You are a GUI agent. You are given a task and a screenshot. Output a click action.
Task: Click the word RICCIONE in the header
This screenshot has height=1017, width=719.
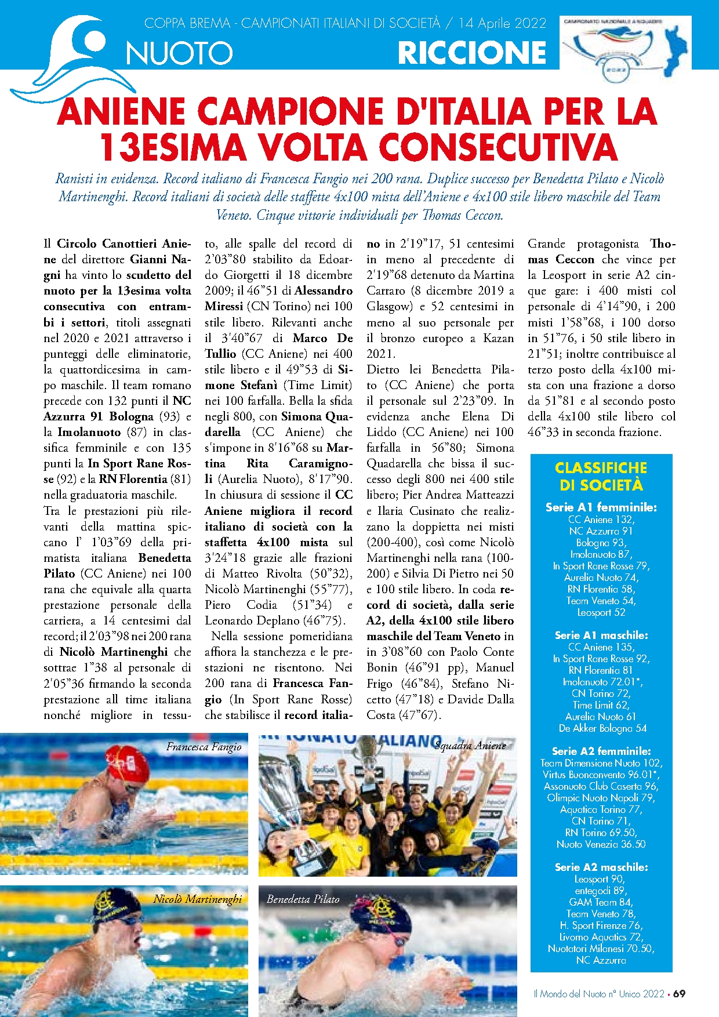[x=472, y=53]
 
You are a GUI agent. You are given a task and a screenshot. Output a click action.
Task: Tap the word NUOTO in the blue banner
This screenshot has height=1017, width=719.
[x=179, y=54]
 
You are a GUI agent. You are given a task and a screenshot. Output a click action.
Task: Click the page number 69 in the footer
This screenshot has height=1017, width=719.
[x=679, y=993]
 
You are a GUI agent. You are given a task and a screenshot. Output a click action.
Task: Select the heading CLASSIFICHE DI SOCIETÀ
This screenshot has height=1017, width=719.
[x=601, y=476]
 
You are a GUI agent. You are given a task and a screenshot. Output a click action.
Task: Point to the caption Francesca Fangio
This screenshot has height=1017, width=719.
[x=204, y=747]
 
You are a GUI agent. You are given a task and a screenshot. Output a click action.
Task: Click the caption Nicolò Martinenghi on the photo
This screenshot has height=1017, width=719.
[x=197, y=899]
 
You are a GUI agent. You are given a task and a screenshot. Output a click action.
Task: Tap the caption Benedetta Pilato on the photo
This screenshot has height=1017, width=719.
[x=303, y=899]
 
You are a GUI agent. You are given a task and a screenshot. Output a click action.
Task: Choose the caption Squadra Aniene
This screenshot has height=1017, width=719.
[x=470, y=746]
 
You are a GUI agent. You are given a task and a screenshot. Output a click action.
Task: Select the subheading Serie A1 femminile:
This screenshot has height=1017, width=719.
[x=601, y=507]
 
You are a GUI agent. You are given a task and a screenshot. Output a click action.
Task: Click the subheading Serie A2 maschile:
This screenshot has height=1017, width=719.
[x=601, y=867]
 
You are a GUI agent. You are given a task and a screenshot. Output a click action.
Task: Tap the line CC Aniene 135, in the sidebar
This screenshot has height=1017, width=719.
[x=601, y=647]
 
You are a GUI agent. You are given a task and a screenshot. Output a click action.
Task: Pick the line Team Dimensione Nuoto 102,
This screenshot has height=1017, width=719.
[x=601, y=763]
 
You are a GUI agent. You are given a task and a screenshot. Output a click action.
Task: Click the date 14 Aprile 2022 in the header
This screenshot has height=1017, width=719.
[x=502, y=23]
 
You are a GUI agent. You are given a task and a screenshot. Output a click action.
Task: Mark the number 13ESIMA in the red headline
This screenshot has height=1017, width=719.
[x=173, y=147]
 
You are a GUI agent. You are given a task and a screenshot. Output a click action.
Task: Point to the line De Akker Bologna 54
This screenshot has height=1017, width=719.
[x=601, y=728]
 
